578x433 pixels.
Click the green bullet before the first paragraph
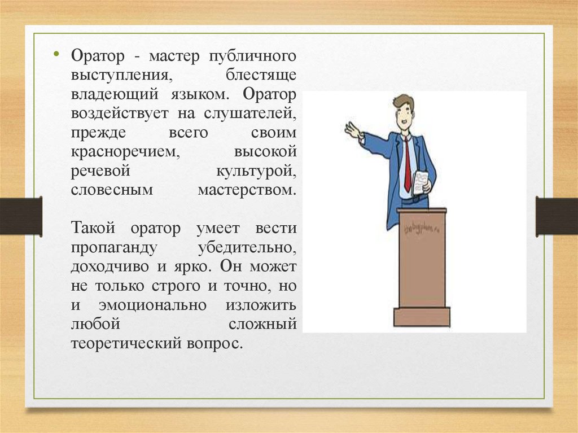click(x=56, y=54)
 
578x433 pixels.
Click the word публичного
click(x=252, y=56)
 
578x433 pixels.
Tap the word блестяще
click(x=261, y=75)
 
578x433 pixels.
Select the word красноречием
click(x=125, y=152)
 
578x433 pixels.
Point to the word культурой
click(x=256, y=171)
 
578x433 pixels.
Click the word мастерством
click(x=247, y=190)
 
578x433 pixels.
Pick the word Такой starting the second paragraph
click(x=93, y=228)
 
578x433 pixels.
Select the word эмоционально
click(x=152, y=305)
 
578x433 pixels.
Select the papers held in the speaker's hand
click(x=420, y=182)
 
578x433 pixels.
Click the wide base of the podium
click(x=422, y=317)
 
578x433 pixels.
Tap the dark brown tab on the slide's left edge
click(x=21, y=216)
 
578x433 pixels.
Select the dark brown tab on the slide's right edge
click(x=557, y=216)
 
